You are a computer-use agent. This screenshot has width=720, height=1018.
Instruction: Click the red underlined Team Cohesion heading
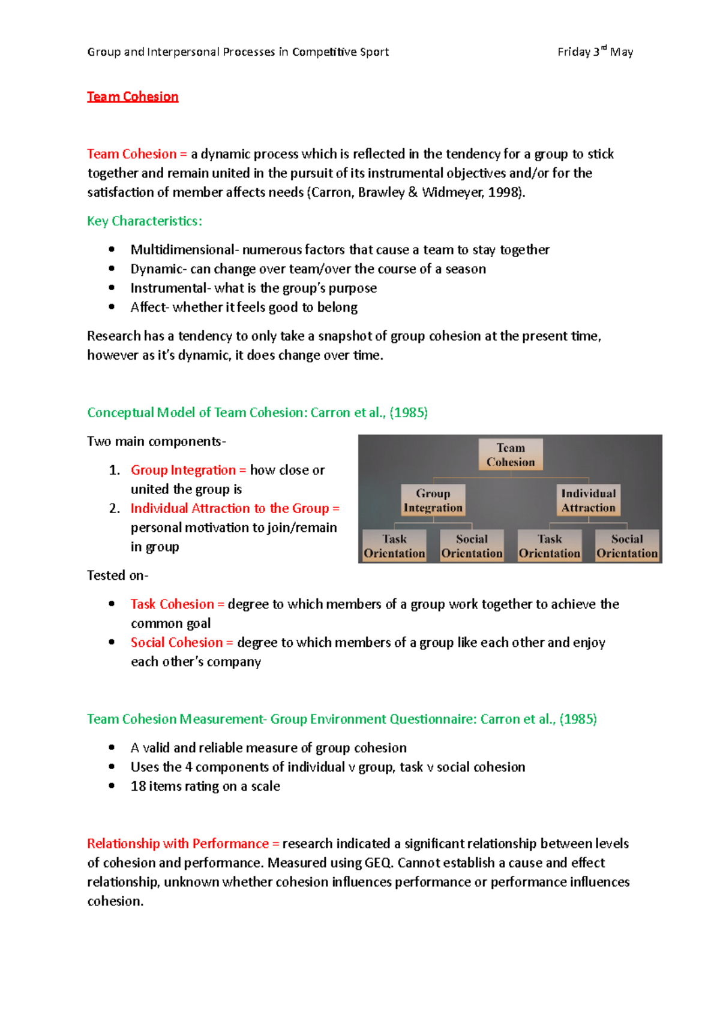(133, 97)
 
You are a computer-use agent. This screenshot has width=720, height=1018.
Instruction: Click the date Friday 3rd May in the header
(595, 52)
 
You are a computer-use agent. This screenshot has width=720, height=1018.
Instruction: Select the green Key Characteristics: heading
(144, 221)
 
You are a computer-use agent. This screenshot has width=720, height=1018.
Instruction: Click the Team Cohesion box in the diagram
(511, 455)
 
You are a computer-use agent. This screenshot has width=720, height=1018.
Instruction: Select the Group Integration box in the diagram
(433, 501)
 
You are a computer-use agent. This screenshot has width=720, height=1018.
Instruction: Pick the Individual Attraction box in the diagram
(588, 501)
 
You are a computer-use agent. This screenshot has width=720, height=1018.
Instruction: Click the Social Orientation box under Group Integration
(472, 546)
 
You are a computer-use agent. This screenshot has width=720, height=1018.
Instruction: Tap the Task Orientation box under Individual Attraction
(550, 546)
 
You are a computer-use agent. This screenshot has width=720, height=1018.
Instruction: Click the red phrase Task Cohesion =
(177, 604)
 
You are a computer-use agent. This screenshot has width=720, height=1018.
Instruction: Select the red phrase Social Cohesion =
(182, 643)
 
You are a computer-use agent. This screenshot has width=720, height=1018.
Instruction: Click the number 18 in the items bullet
(138, 787)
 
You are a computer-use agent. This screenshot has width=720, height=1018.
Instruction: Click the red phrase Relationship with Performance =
(183, 844)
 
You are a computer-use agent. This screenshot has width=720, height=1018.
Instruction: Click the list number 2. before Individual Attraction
(115, 508)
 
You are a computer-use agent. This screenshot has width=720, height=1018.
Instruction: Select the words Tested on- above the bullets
(118, 576)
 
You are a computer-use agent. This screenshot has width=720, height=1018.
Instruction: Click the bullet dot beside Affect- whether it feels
(112, 307)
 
